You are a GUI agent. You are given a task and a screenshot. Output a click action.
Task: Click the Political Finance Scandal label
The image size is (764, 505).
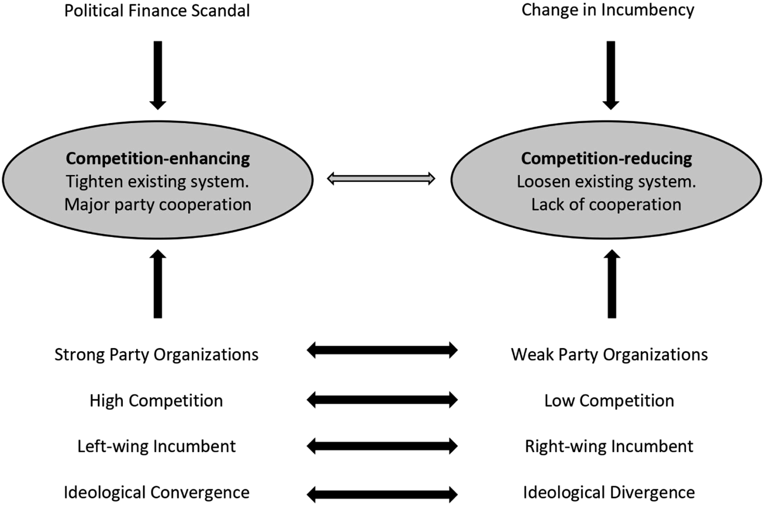pyautogui.click(x=157, y=11)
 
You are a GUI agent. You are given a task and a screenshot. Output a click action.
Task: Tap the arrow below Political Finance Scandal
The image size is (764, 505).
pyautogui.click(x=158, y=75)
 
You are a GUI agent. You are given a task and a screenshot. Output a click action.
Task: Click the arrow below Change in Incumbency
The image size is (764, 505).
pyautogui.click(x=611, y=75)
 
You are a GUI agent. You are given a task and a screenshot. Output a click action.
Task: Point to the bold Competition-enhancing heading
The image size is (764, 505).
pyautogui.click(x=158, y=158)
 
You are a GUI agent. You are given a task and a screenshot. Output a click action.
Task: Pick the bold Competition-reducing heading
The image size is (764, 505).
pyautogui.click(x=607, y=158)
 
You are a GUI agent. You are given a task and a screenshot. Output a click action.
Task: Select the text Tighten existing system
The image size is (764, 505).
pyautogui.click(x=157, y=182)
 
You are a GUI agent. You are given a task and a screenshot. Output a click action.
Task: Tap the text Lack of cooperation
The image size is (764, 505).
pyautogui.click(x=606, y=204)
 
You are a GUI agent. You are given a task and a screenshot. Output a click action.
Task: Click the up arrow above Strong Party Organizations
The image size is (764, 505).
pyautogui.click(x=158, y=284)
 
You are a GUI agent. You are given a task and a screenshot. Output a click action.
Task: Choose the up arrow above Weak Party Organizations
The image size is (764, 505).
pyautogui.click(x=612, y=284)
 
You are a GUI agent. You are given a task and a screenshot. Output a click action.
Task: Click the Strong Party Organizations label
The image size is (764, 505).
pyautogui.click(x=156, y=355)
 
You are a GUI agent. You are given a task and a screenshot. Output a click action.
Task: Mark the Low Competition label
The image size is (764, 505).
pyautogui.click(x=609, y=401)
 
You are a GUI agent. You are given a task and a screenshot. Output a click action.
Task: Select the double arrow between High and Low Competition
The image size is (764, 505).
pyautogui.click(x=382, y=400)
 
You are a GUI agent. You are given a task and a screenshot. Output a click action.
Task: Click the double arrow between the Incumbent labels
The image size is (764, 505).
pyautogui.click(x=382, y=446)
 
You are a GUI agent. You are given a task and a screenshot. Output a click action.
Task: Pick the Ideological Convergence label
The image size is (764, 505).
pyautogui.click(x=156, y=492)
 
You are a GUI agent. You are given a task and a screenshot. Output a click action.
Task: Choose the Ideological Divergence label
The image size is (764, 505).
pyautogui.click(x=609, y=492)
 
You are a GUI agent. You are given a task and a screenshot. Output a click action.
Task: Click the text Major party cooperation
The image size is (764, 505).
pyautogui.click(x=158, y=204)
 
